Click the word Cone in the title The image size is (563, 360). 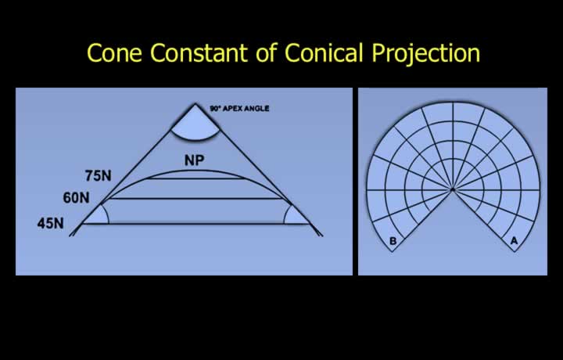point(114,52)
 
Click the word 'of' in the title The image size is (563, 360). point(267,52)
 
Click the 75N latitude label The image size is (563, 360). point(98,175)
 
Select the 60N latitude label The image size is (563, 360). point(76,197)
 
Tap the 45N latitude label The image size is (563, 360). point(50,223)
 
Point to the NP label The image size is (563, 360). point(194,160)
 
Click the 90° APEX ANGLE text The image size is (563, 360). point(239,108)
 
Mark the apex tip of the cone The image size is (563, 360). point(195,104)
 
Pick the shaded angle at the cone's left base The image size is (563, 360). point(98,216)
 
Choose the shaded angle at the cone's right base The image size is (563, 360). point(295,216)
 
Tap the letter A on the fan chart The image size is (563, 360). point(515,241)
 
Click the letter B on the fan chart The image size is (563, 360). point(393,241)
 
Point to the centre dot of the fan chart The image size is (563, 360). point(453,189)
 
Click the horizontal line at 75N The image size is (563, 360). point(196,178)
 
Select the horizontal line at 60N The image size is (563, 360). point(195,198)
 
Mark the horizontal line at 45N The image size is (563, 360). point(196,224)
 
